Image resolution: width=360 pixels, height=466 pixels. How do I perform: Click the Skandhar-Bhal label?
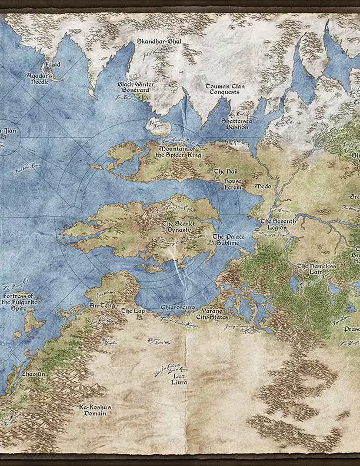pos(158,42)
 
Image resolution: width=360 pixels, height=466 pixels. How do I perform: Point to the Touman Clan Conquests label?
pos(225,89)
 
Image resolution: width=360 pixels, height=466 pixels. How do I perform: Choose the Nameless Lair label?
pos(318,269)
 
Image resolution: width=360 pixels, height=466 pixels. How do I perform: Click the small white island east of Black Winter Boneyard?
pos(158,127)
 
